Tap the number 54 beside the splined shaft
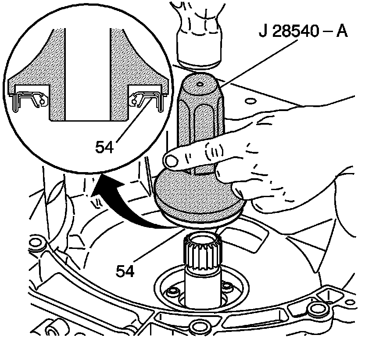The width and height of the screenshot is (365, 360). point(125,270)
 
